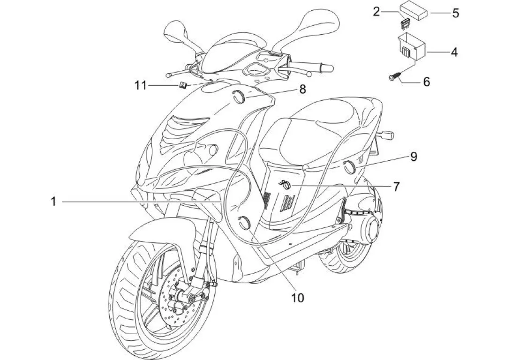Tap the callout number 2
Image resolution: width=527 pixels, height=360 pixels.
(376, 12)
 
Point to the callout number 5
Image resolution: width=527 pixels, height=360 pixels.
(455, 13)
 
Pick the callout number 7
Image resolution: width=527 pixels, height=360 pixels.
(396, 187)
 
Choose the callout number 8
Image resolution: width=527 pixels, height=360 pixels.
(302, 89)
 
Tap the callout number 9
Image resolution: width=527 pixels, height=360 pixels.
(414, 157)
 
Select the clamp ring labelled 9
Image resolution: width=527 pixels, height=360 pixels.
(349, 165)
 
